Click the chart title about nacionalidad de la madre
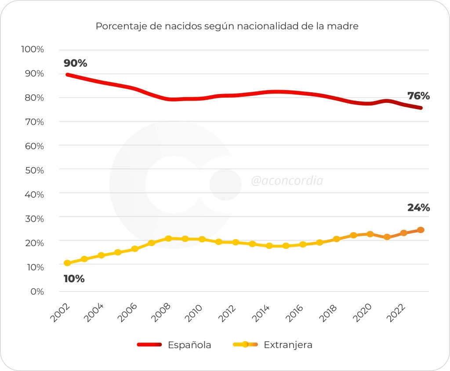tap(227, 26)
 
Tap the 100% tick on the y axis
tap(33, 49)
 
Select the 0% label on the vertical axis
tap(36, 291)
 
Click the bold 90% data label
tap(76, 63)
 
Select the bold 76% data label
tap(418, 96)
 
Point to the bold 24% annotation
tap(418, 208)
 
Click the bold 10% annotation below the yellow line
tap(74, 279)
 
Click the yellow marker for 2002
tap(67, 263)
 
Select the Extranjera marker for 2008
tap(168, 238)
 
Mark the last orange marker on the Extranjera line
tap(421, 230)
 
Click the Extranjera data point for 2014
tap(269, 246)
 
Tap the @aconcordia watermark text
tap(287, 181)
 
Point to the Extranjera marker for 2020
tap(370, 234)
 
